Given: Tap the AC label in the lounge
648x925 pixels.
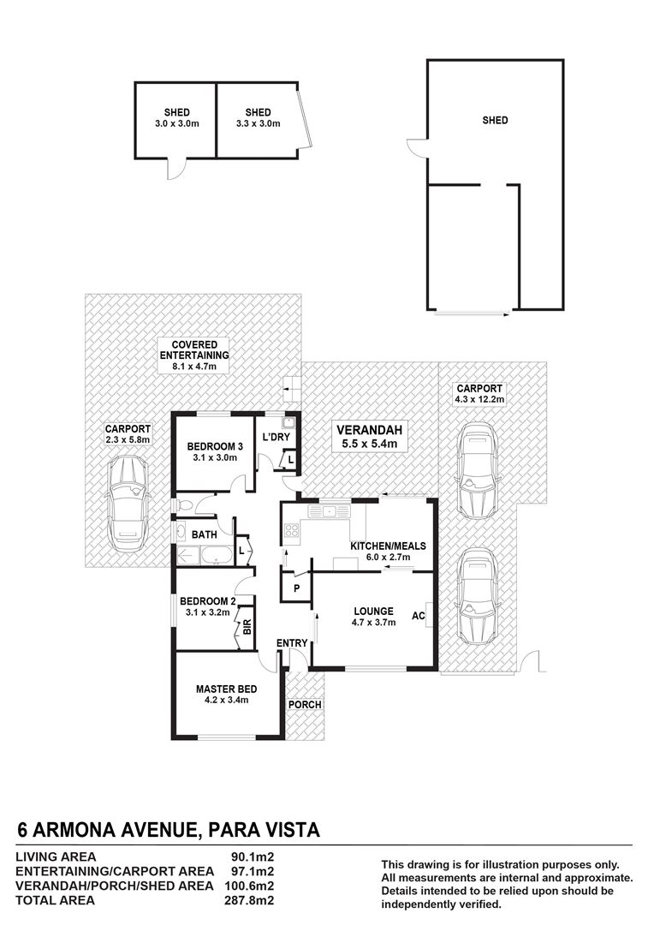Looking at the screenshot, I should [419, 616].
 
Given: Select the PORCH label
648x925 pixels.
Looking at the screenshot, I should [305, 705].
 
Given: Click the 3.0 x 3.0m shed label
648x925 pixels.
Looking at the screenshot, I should [176, 118].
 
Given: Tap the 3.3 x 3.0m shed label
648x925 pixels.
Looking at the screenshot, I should [258, 118].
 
